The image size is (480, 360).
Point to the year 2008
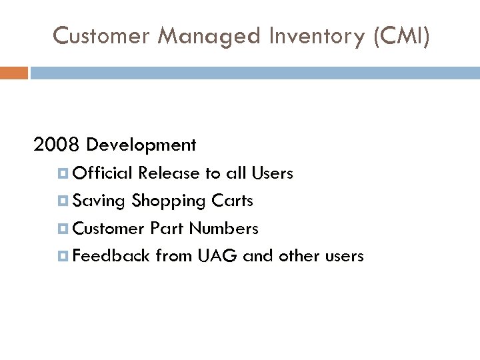click(57, 145)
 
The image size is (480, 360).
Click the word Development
click(141, 145)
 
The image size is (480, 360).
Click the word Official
click(103, 174)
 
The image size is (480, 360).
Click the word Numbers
click(223, 229)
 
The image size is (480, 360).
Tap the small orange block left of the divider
click(13, 73)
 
